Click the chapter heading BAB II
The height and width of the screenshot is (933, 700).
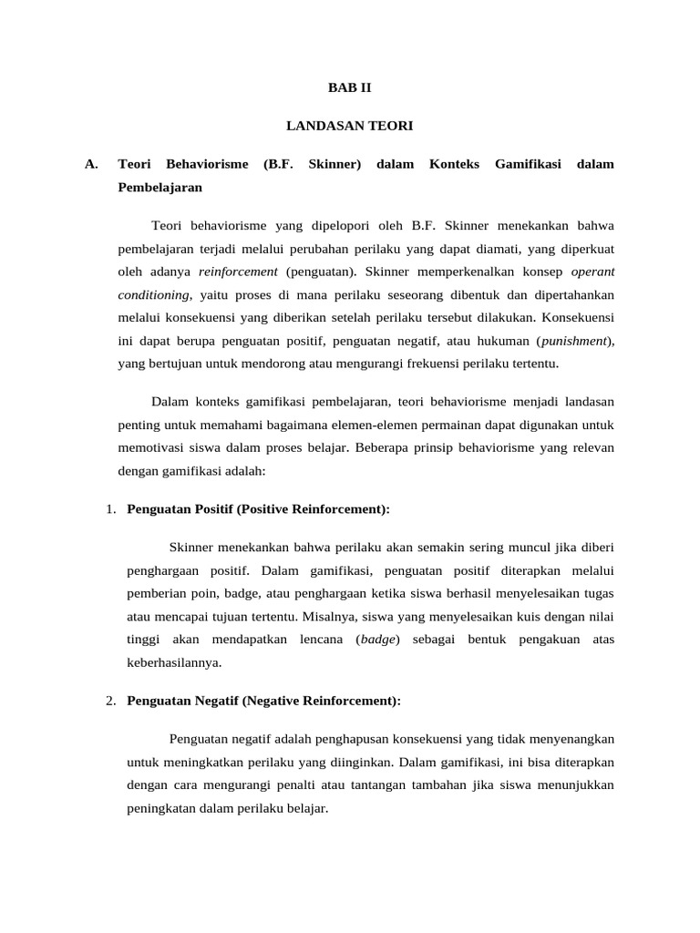350,88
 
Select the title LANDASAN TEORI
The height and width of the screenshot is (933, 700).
350,126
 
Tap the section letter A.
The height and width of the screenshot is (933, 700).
90,164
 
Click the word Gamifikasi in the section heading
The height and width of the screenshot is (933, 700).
527,164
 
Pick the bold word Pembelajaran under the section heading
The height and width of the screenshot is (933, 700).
160,188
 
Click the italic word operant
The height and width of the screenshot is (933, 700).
592,271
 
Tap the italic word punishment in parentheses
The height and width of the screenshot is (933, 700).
574,341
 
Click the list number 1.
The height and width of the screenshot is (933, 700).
110,509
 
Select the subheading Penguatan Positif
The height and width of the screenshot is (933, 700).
180,509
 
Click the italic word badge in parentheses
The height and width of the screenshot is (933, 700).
377,640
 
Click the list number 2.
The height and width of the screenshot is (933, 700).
110,701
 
